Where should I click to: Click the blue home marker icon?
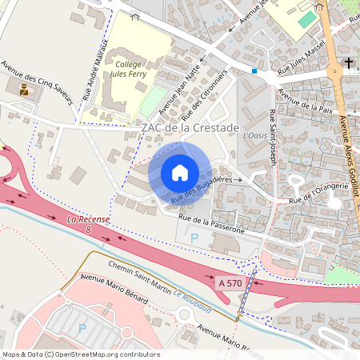point(180,172)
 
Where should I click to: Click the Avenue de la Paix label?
point(305,105)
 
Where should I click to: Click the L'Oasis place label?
point(254,134)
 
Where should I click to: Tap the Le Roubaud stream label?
point(191,294)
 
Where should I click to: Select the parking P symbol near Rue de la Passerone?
point(193,238)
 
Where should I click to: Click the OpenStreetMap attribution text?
point(80,354)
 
